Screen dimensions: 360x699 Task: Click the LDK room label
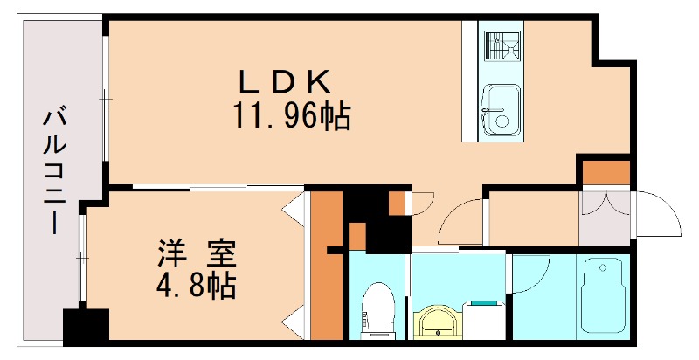pos(285,83)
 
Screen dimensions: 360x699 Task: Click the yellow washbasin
pos(435,321)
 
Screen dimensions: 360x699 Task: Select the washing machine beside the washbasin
pos(483,320)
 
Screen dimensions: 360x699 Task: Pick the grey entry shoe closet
pos(605,218)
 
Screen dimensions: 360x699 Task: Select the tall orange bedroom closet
pos(327,267)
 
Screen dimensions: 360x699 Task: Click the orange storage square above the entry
pos(606,172)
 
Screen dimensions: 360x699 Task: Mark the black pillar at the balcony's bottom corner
pos(86,327)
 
